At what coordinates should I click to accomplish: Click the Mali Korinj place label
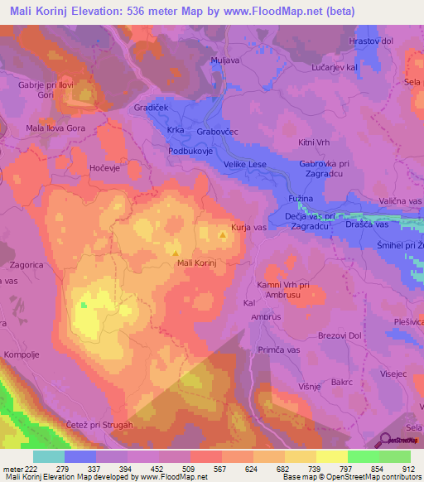click(x=197, y=263)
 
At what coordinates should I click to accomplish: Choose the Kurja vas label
click(x=248, y=226)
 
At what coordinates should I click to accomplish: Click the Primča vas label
click(x=277, y=350)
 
